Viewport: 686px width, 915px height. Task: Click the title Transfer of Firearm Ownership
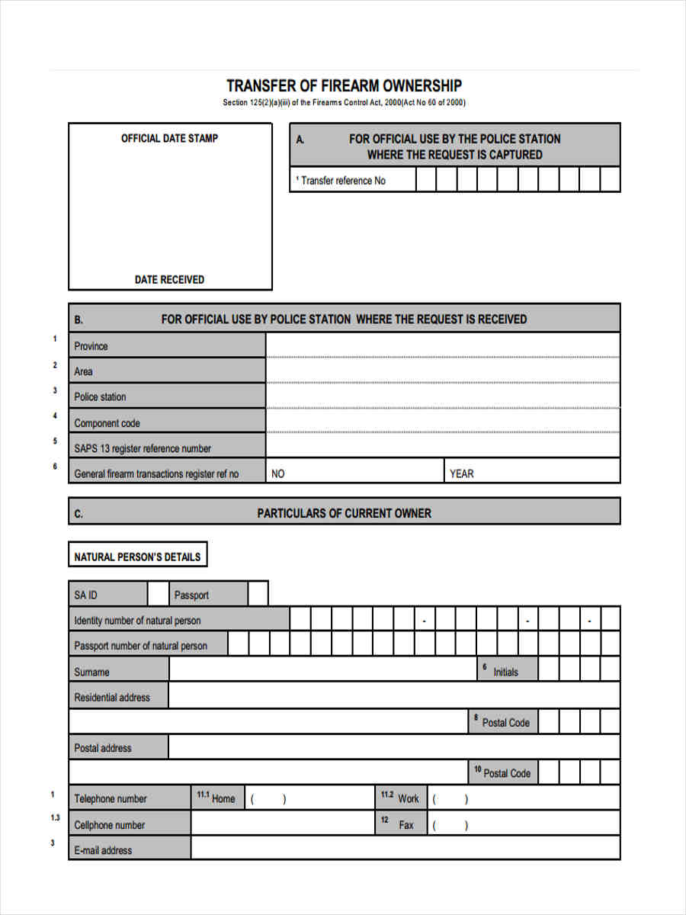344,85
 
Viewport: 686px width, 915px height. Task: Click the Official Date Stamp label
169,138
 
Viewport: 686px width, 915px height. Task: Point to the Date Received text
169,280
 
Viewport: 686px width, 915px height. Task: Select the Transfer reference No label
342,181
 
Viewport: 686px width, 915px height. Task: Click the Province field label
91,346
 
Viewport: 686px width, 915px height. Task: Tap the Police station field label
100,397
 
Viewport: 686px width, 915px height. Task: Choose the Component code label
107,423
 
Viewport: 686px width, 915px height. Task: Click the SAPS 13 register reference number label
143,448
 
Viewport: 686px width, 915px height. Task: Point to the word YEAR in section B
461,474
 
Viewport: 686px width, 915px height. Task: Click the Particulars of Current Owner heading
344,513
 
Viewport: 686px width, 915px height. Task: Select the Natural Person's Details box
137,557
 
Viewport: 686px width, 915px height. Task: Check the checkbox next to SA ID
158,594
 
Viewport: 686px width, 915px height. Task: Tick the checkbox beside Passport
258,594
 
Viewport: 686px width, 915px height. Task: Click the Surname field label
91,672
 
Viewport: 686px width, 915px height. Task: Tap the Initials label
505,672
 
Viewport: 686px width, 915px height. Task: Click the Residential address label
112,697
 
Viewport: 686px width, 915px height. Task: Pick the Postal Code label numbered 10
506,773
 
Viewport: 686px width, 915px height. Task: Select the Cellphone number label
109,825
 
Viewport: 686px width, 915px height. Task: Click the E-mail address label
103,850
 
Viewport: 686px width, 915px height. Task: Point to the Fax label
406,825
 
